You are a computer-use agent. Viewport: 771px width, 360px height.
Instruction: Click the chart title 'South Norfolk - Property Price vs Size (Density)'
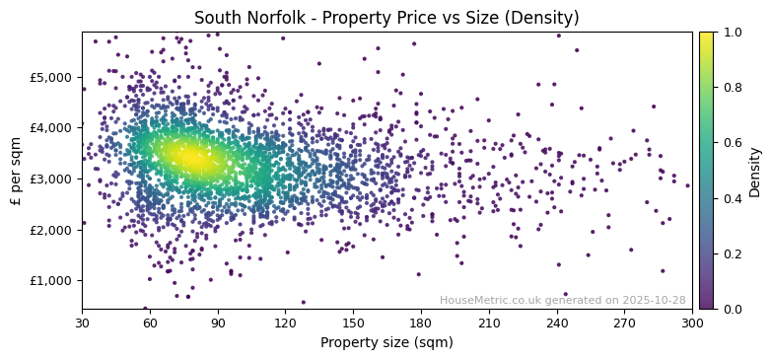[x=387, y=18]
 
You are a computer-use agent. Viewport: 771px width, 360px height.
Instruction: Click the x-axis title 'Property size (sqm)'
[x=387, y=343]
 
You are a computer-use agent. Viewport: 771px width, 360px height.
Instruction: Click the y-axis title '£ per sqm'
[x=16, y=171]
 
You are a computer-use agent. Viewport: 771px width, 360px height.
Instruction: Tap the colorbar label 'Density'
[x=755, y=171]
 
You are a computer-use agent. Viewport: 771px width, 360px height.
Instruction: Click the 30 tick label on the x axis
[x=82, y=322]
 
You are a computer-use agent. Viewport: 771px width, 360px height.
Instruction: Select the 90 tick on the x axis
[x=218, y=322]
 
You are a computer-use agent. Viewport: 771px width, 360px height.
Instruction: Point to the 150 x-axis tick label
[x=353, y=322]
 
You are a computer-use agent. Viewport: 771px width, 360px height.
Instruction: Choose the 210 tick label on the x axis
[x=489, y=322]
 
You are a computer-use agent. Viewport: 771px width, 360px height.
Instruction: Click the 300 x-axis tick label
[x=692, y=322]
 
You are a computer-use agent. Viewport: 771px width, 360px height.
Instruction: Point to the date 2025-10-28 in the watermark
[x=653, y=301]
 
